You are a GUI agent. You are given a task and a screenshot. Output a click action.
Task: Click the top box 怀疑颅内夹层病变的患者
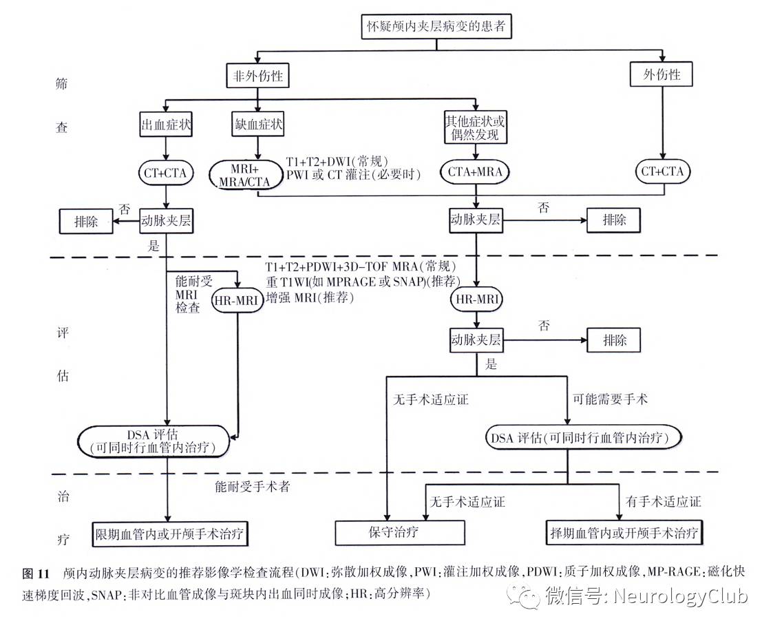[x=436, y=28]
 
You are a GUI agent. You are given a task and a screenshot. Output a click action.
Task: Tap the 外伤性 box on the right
[x=661, y=74]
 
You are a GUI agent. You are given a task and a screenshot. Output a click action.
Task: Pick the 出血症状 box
[x=166, y=125]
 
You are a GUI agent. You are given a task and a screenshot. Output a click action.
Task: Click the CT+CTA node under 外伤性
[x=662, y=171]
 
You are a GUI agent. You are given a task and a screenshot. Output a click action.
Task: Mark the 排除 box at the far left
[x=86, y=221]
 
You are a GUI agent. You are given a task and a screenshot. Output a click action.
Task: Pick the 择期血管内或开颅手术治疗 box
[x=624, y=533]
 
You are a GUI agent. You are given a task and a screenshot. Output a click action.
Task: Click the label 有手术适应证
[x=663, y=501]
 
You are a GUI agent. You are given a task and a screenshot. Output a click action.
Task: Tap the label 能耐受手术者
[x=252, y=487]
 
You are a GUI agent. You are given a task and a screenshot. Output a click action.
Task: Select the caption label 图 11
[x=36, y=573]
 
